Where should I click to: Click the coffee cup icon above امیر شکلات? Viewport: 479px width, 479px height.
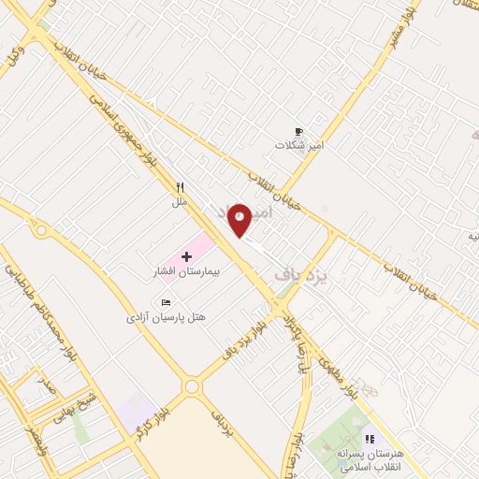(x=298, y=132)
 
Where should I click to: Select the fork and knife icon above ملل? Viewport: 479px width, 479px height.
(x=180, y=187)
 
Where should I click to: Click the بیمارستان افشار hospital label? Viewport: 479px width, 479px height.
(x=185, y=271)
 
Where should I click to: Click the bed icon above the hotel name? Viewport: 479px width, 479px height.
(x=166, y=303)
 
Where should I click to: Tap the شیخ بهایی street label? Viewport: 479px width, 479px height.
(x=66, y=409)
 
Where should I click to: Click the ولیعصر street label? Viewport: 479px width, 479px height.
(x=32, y=438)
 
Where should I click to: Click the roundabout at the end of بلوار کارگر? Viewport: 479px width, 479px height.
(x=193, y=385)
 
